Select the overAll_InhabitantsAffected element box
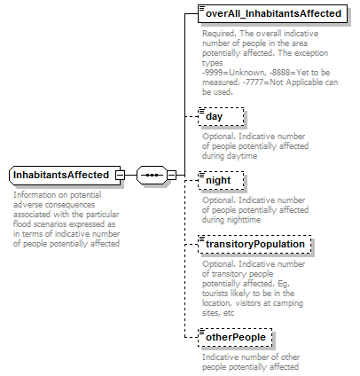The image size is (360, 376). tap(272, 13)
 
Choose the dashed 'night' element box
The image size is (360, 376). tap(218, 179)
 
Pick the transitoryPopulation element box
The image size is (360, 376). tap(255, 243)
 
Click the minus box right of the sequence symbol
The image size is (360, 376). tap(172, 175)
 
